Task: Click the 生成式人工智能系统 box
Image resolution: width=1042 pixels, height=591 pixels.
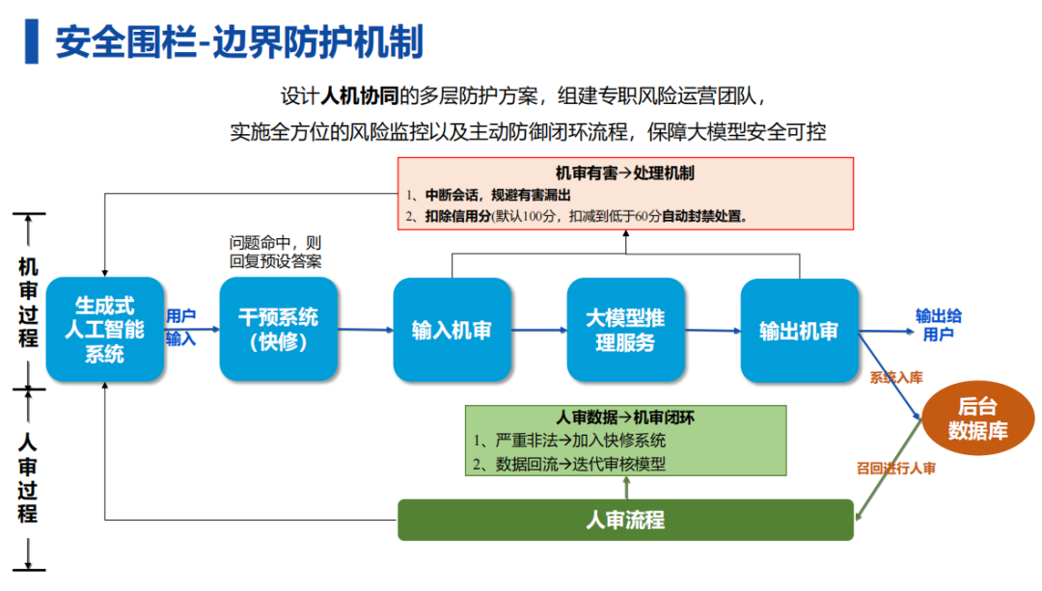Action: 105,330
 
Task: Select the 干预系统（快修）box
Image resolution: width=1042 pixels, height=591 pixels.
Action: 279,330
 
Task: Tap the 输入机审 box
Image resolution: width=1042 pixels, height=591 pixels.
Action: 452,330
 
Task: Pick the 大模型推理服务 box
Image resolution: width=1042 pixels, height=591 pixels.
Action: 625,330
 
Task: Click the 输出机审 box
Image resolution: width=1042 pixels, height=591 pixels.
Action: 799,331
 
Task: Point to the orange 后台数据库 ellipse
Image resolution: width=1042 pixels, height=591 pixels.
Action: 977,417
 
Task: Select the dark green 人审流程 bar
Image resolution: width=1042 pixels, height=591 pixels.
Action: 625,520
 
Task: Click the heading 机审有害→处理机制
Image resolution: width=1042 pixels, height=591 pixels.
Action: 624,174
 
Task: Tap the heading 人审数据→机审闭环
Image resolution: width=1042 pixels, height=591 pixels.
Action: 624,417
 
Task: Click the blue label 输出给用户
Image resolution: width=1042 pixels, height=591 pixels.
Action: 938,325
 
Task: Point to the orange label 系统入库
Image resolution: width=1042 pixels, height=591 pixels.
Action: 895,378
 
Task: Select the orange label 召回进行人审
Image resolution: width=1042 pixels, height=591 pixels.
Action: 895,469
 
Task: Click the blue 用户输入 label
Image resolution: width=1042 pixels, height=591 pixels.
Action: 180,328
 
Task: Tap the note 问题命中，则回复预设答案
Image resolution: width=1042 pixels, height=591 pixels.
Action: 275,253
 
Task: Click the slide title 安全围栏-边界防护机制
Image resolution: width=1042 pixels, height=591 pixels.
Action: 239,41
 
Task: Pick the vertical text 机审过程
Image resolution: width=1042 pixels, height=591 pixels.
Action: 28,302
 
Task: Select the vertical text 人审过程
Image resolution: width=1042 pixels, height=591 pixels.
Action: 28,477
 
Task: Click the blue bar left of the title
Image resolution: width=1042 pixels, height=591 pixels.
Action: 31,41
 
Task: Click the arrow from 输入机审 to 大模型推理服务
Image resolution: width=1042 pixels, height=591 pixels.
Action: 539,330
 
